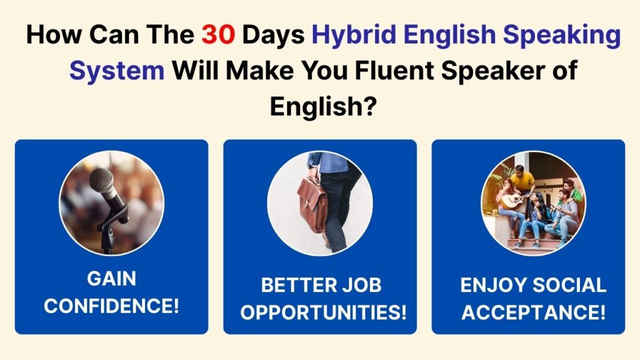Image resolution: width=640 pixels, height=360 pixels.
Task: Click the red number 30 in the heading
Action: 218,34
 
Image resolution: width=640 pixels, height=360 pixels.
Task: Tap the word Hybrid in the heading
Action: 354,36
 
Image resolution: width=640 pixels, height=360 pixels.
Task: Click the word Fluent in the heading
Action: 394,70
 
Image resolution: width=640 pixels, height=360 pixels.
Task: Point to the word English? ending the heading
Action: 322,107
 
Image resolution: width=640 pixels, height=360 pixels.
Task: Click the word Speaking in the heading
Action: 562,36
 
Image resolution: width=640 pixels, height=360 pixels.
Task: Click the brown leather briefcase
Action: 312,204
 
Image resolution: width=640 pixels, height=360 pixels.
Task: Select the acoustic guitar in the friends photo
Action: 514,200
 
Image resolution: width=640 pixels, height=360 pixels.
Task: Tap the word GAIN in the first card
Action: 111,279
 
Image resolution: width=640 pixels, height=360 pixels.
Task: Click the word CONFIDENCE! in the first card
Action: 111,306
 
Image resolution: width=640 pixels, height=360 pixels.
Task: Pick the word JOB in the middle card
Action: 362,285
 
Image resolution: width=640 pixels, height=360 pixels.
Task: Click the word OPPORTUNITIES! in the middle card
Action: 323,312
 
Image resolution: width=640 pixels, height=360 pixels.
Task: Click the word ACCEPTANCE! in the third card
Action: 534,312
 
